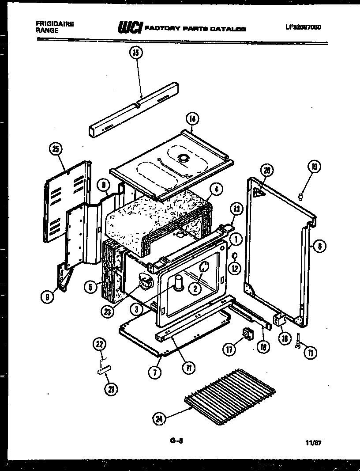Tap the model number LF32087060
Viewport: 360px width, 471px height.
303,27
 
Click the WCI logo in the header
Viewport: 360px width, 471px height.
129,28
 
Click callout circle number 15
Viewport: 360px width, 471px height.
135,53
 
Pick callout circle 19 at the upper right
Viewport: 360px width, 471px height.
314,167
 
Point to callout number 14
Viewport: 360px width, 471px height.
192,119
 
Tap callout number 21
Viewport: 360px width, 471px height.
111,389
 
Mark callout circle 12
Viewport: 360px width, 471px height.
235,267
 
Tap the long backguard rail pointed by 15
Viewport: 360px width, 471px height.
135,109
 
